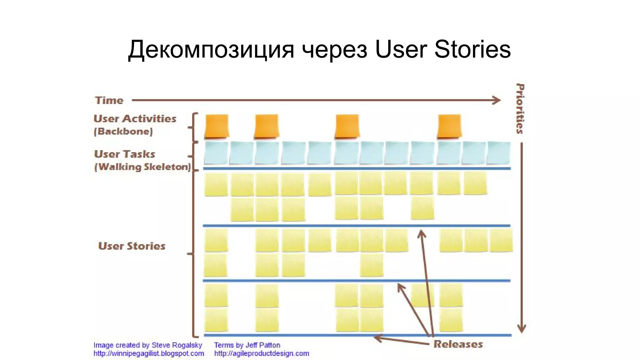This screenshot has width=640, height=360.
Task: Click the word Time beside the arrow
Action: pyautogui.click(x=109, y=100)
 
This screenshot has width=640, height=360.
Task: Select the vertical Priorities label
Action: pyautogui.click(x=520, y=108)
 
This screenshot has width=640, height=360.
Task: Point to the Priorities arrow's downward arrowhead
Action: pyautogui.click(x=521, y=328)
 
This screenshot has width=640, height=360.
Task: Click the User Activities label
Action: pyautogui.click(x=135, y=119)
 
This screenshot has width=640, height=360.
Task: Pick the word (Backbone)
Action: pyautogui.click(x=123, y=131)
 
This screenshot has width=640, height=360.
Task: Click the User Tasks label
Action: pyautogui.click(x=124, y=154)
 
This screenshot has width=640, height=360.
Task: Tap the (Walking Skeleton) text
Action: pyautogui.click(x=142, y=167)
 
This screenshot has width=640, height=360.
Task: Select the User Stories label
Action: pyautogui.click(x=132, y=246)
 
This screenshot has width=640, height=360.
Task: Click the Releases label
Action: pyautogui.click(x=458, y=344)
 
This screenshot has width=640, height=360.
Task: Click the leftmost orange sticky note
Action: pyautogui.click(x=217, y=126)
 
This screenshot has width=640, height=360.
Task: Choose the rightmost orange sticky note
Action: pyautogui.click(x=449, y=126)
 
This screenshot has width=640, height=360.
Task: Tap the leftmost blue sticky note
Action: pyautogui.click(x=216, y=153)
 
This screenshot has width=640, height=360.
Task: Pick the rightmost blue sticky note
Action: pyautogui.click(x=499, y=153)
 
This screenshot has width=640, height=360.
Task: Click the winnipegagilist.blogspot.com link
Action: pyautogui.click(x=149, y=353)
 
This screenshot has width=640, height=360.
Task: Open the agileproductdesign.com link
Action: pyautogui.click(x=262, y=353)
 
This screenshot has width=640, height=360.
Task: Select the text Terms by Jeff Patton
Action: pyautogui.click(x=247, y=345)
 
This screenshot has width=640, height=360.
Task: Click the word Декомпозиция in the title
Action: pyautogui.click(x=211, y=49)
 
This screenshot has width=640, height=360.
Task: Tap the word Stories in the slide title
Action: pyautogui.click(x=472, y=49)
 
